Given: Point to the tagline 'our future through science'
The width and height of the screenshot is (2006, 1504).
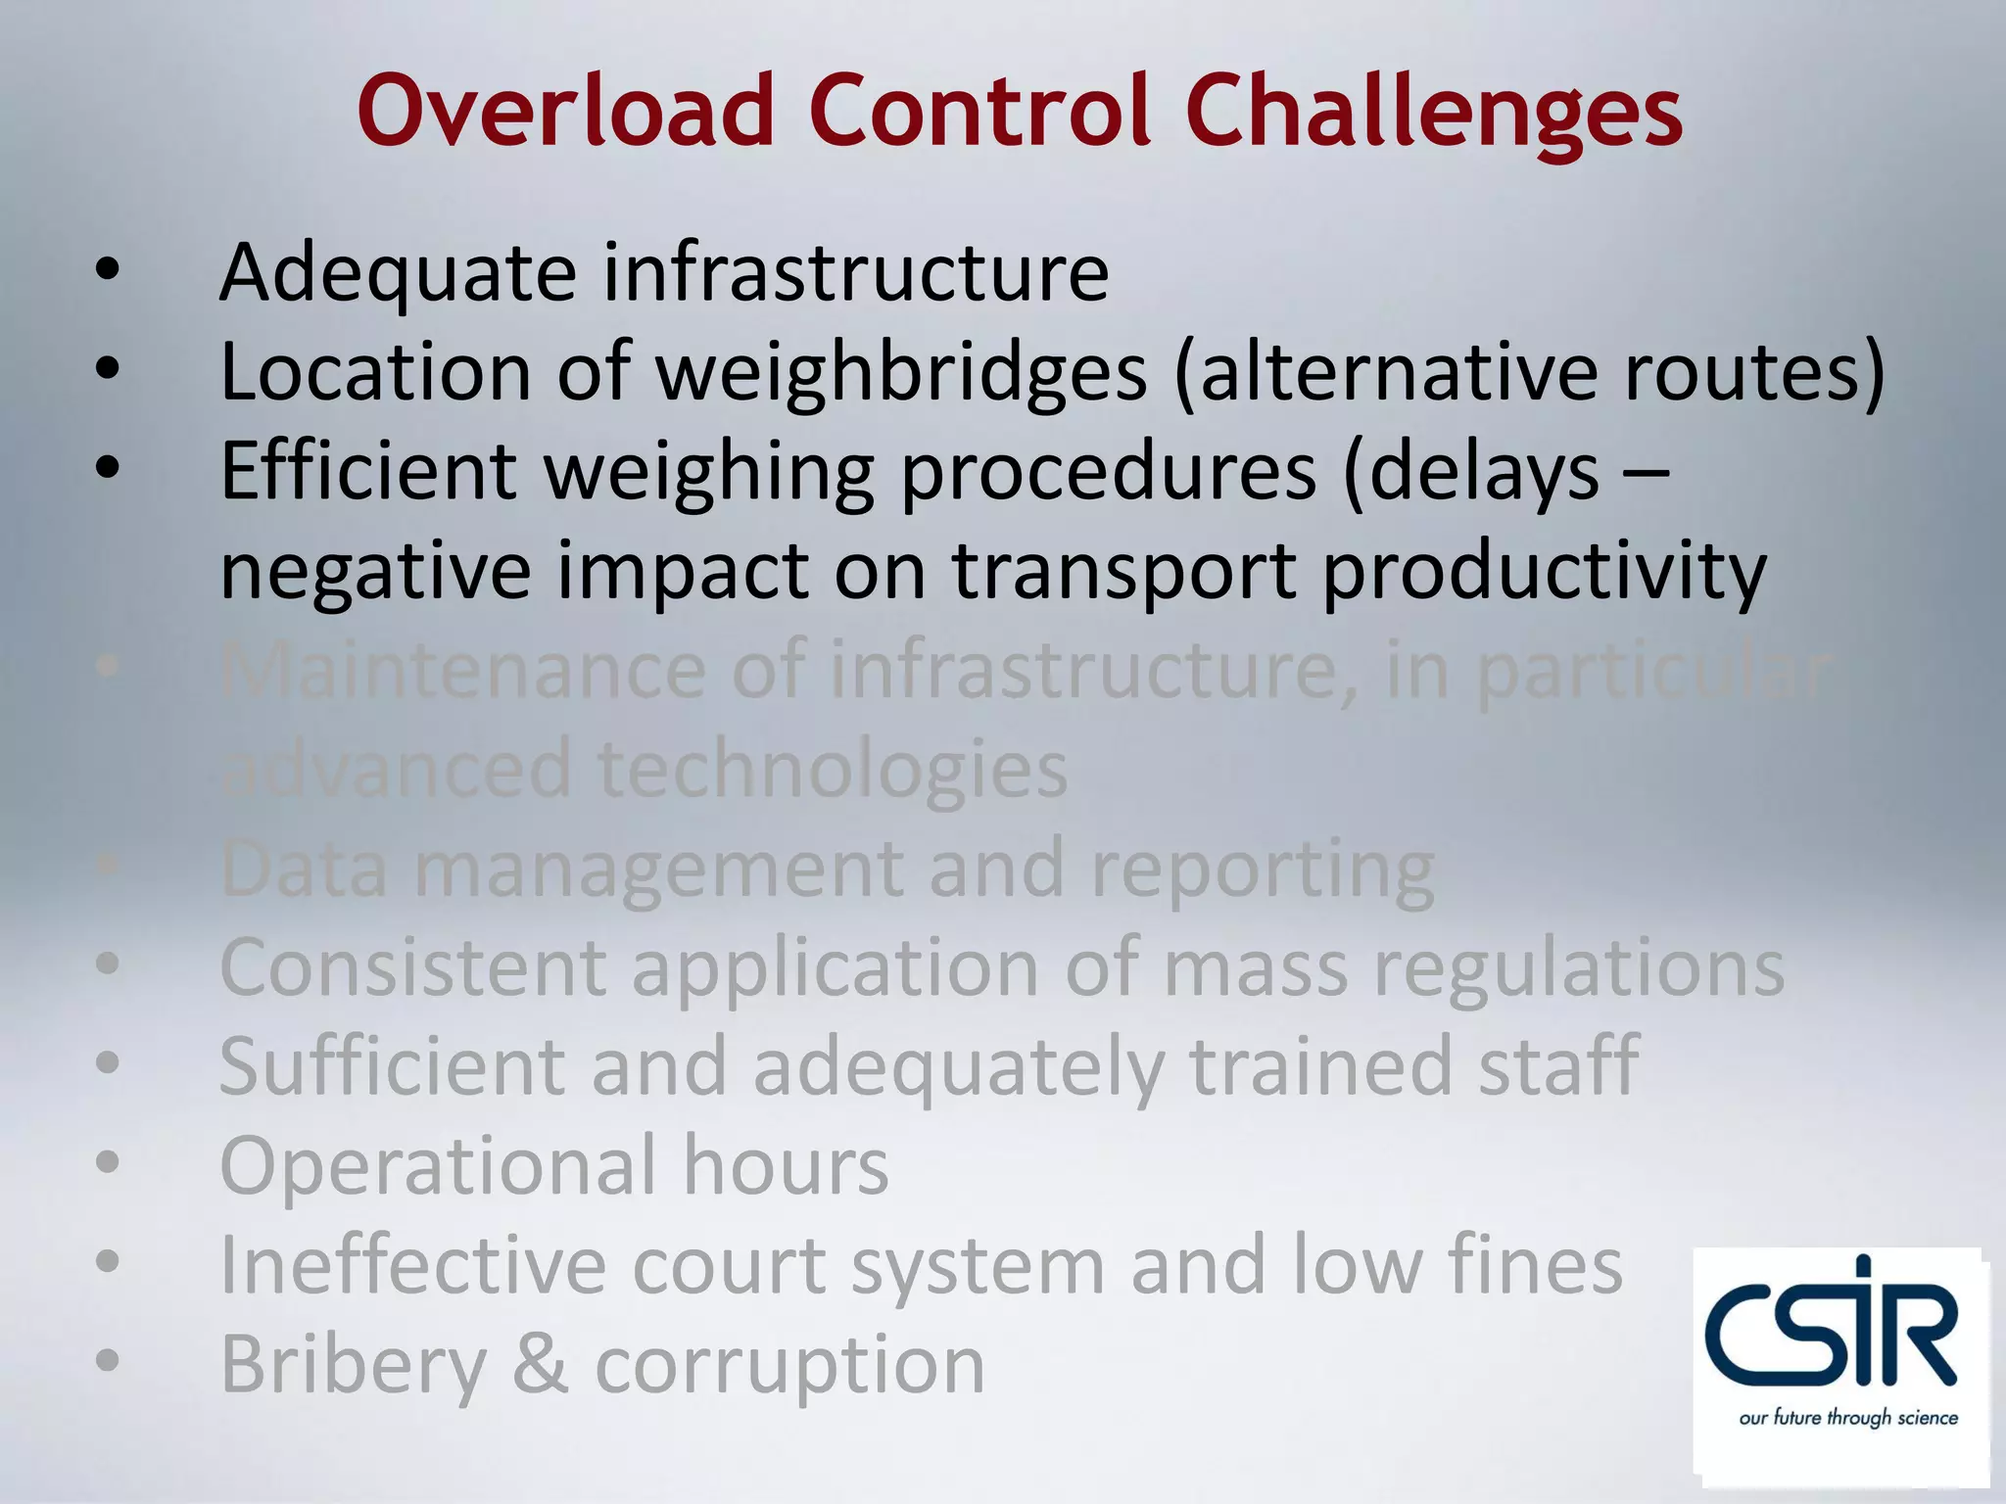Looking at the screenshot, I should [x=1848, y=1418].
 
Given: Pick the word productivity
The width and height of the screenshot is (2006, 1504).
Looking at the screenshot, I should [x=1545, y=574].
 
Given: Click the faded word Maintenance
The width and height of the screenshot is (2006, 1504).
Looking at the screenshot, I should [x=462, y=672].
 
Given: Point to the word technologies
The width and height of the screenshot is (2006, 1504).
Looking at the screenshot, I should [x=833, y=771].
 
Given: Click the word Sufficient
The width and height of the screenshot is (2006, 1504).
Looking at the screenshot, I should [x=392, y=1066].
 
